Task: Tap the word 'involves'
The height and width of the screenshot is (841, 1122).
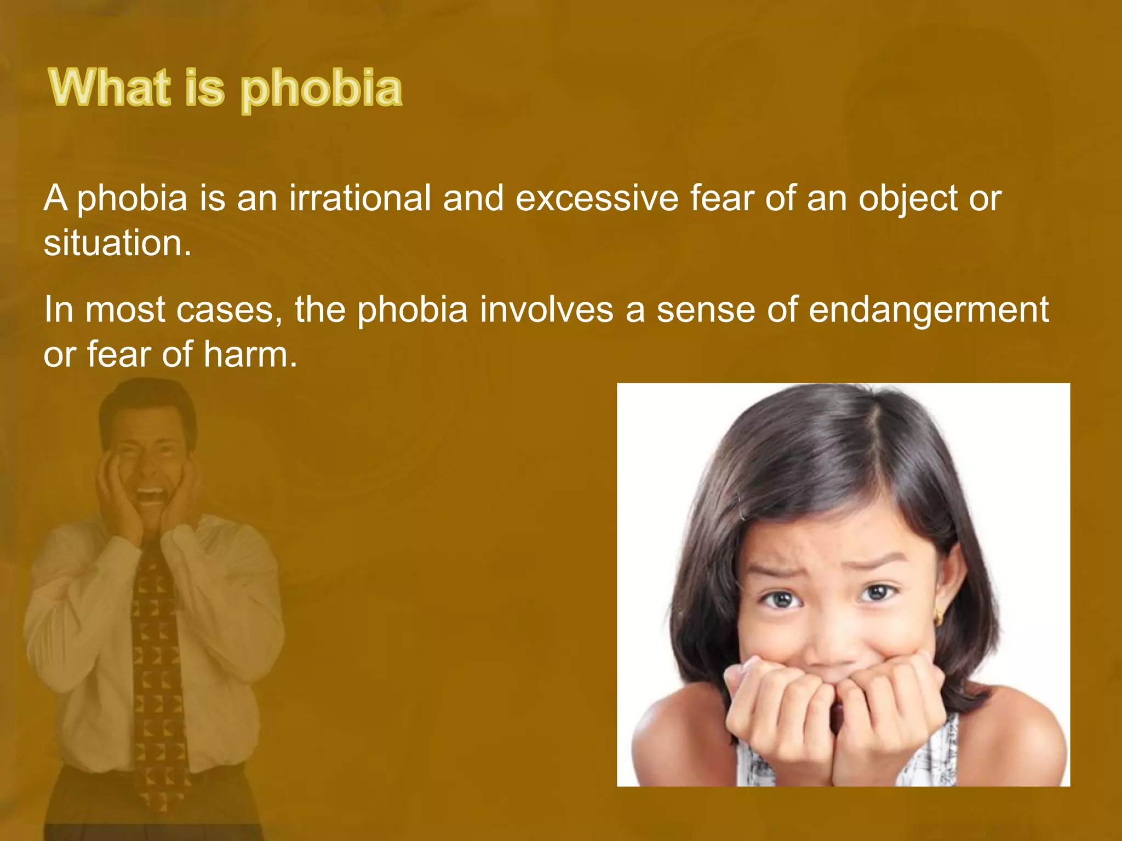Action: [547, 309]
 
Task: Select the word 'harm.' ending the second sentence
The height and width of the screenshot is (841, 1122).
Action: [250, 354]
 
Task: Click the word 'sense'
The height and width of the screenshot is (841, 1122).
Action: [705, 309]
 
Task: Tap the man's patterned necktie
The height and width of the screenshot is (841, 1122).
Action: [158, 657]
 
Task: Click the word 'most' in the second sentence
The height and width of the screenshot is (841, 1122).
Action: [125, 309]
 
